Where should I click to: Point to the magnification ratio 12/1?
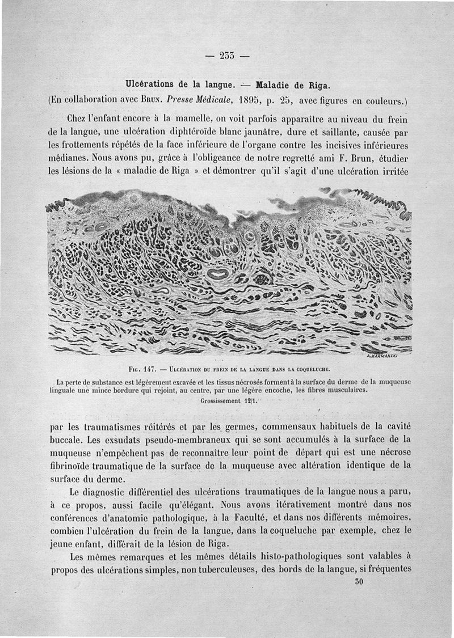[x=247, y=399]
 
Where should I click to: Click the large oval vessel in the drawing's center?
[x=217, y=274]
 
